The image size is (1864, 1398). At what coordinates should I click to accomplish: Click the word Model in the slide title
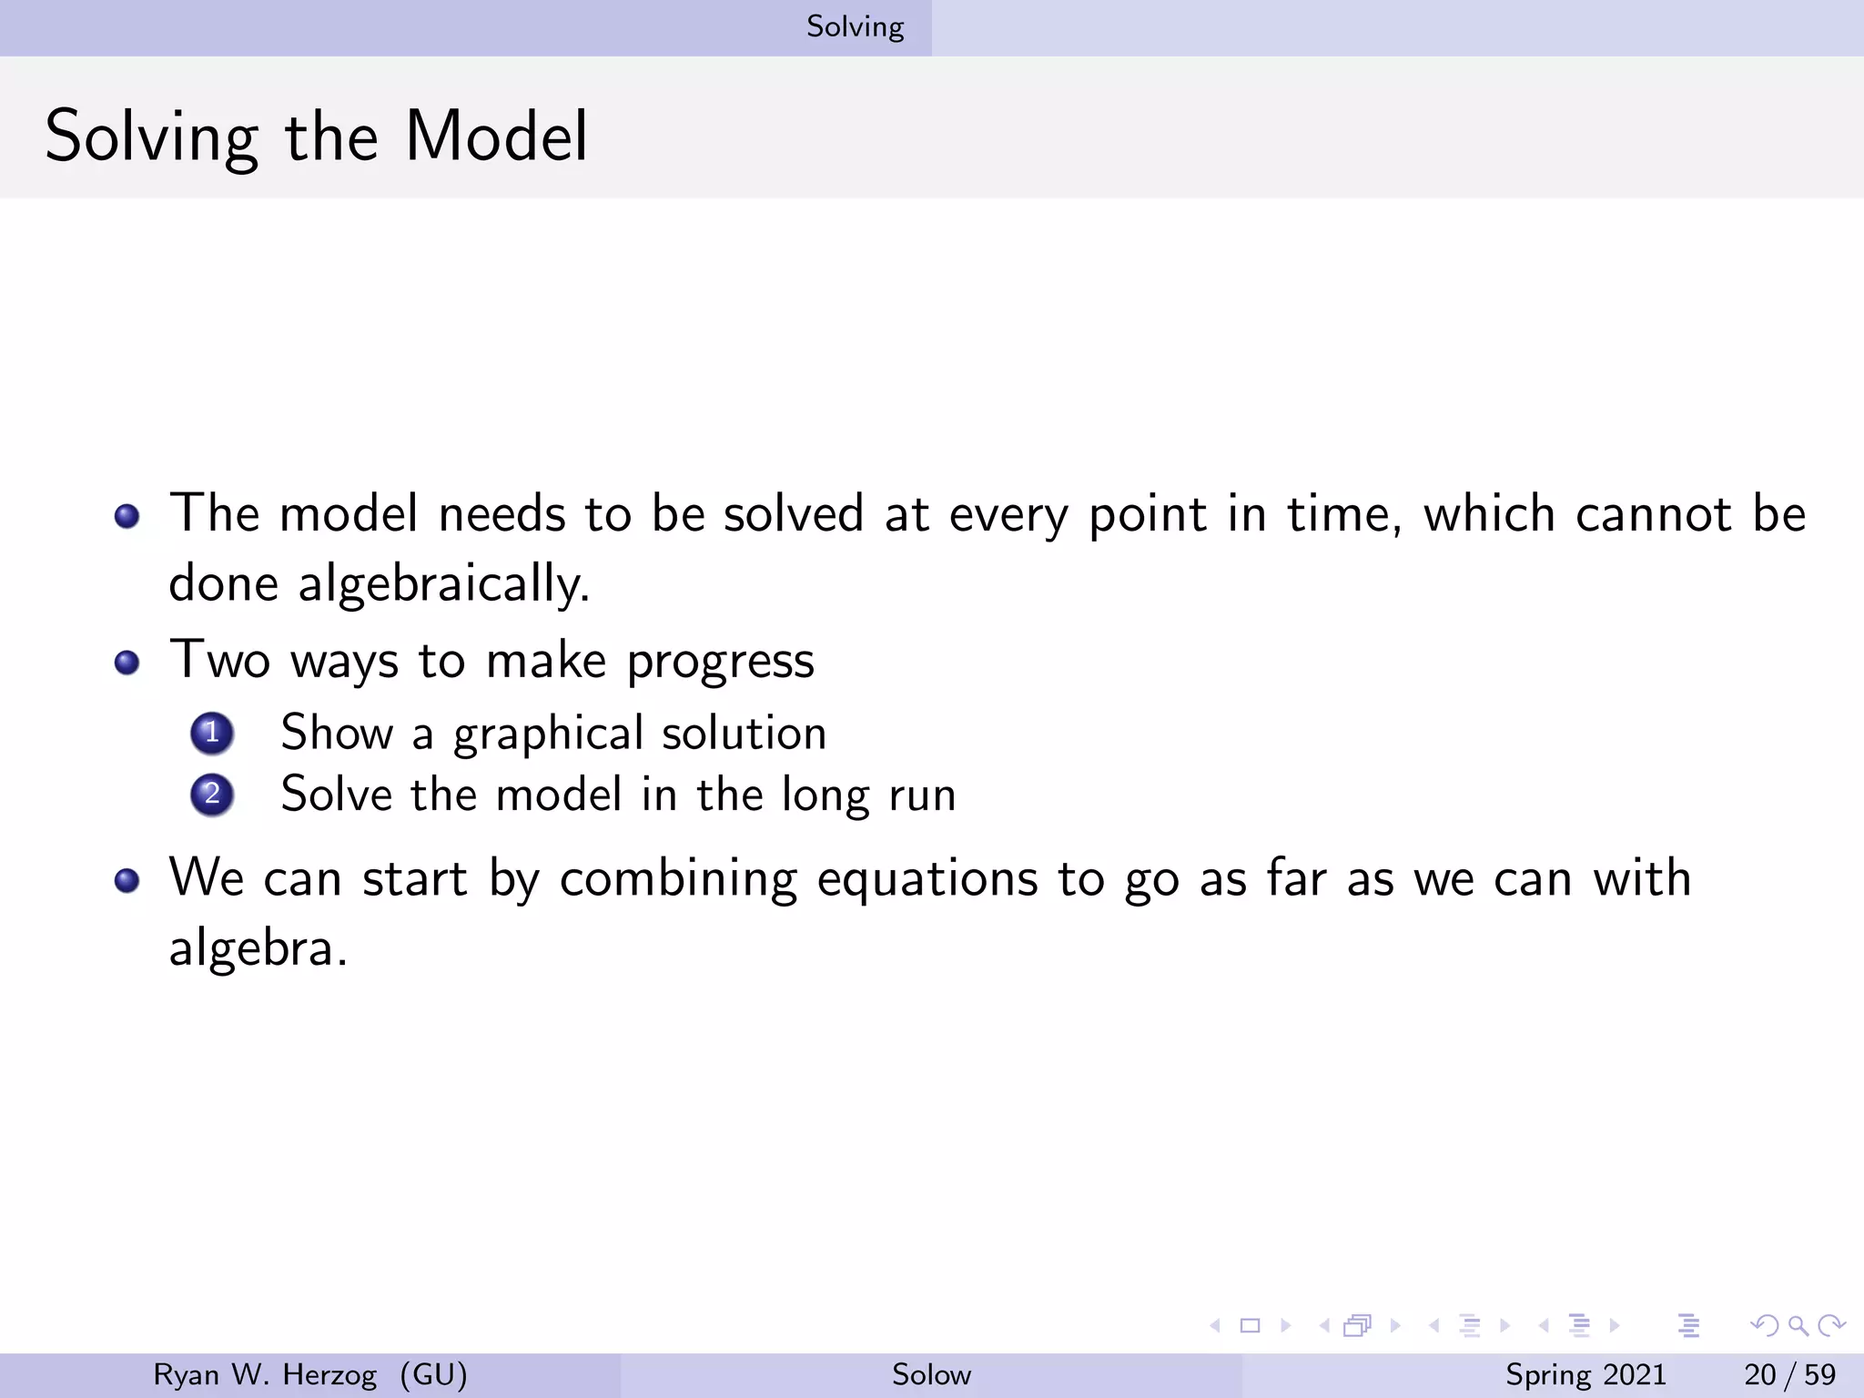coord(496,137)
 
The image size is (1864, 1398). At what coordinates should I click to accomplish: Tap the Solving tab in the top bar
coord(855,26)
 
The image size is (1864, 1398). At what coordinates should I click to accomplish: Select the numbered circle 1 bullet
coord(212,733)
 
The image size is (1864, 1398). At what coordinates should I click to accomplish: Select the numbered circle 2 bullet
coord(212,795)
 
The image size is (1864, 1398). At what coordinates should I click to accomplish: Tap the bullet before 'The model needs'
coord(127,516)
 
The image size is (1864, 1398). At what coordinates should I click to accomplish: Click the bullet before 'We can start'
coord(127,880)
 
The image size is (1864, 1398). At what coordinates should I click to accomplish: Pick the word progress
coord(720,662)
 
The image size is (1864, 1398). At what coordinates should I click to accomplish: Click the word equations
coord(927,880)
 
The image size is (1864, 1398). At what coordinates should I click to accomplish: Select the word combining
coord(678,880)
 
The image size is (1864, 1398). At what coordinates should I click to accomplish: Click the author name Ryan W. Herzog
coord(264,1374)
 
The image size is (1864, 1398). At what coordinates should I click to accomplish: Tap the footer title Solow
coord(931,1374)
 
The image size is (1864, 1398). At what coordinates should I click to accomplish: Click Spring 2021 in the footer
coord(1585,1374)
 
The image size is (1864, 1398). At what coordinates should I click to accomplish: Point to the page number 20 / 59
coord(1789,1374)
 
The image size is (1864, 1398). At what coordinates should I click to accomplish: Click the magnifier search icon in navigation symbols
coord(1798,1325)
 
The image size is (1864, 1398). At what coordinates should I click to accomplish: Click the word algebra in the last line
coord(252,949)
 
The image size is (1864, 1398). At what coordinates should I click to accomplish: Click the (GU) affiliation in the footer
coord(433,1374)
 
